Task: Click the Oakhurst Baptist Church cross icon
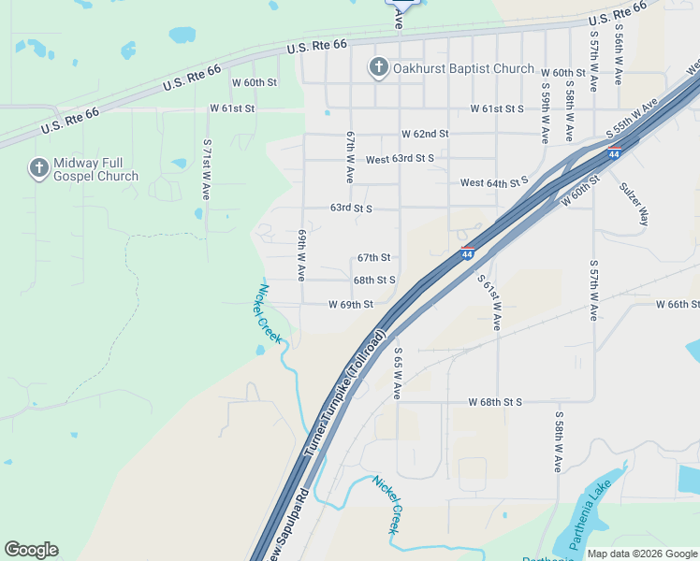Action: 378,66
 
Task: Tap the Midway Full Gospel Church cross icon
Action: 38,168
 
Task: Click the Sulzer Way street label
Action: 633,203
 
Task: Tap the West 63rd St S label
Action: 400,159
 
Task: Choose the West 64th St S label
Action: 494,181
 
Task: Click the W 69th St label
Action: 351,305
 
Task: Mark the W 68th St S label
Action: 495,402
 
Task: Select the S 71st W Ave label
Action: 207,169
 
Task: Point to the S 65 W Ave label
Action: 398,373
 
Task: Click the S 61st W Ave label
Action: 488,302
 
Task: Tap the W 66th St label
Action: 678,305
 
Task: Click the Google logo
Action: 31,550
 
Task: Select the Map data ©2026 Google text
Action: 641,554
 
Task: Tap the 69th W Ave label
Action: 302,255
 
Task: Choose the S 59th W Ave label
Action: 545,111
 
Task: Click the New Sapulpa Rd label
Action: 285,526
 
